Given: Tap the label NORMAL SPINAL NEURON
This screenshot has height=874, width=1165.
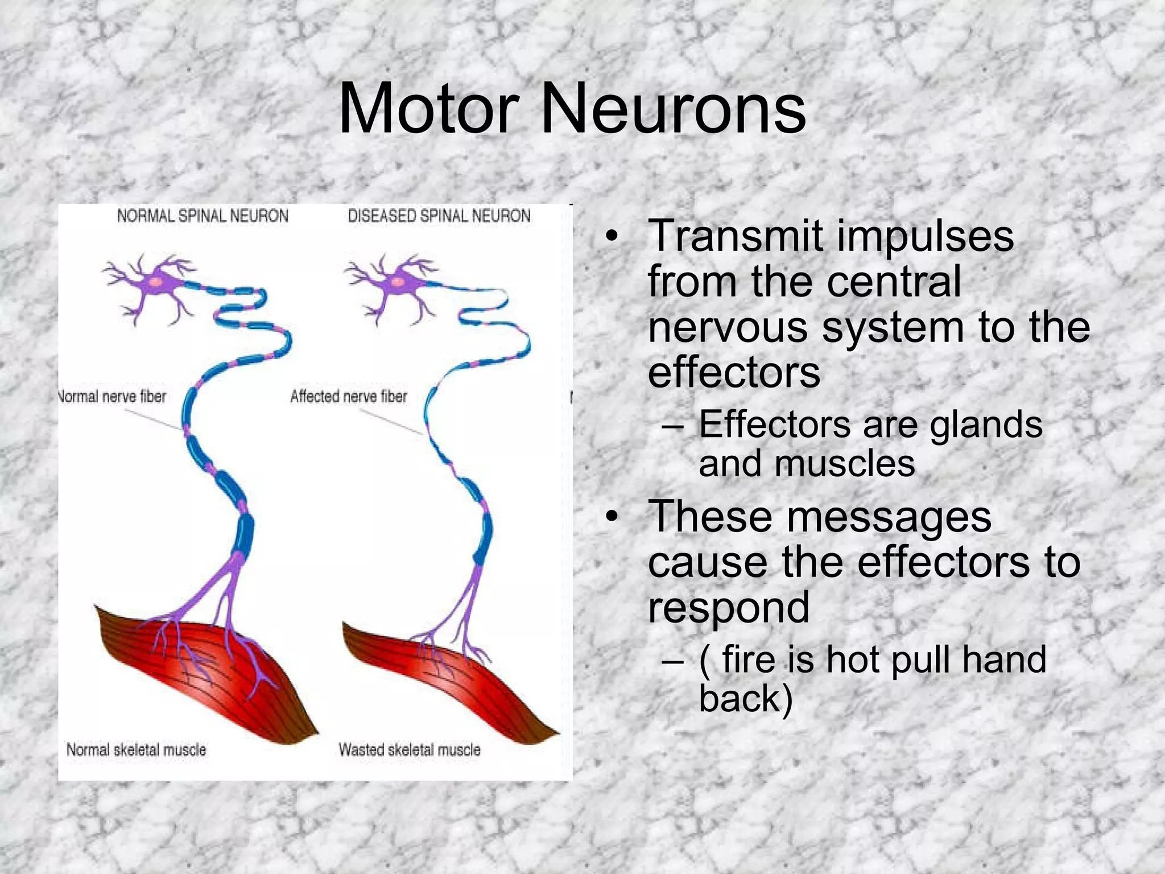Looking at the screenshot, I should click(x=203, y=216).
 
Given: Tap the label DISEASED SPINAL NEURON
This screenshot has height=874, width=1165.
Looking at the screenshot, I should click(x=439, y=216).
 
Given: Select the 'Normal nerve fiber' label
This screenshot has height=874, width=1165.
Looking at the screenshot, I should click(x=113, y=396).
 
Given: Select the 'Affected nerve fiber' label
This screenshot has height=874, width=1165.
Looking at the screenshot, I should click(x=349, y=396).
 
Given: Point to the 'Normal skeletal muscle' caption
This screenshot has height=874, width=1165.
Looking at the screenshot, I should click(x=136, y=749).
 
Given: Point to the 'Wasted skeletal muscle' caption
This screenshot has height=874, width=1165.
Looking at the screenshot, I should click(x=410, y=749).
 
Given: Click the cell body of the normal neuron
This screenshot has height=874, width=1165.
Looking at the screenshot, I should click(x=156, y=282).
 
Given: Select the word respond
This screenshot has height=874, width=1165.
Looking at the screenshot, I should click(x=729, y=608).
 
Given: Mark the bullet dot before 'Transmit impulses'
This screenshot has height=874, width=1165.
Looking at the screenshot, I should click(x=612, y=236).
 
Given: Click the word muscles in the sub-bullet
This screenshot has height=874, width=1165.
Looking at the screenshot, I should click(x=844, y=463).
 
